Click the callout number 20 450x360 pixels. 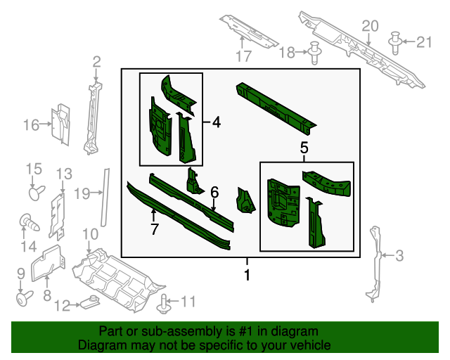(x=370, y=27)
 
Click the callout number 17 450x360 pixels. (x=243, y=57)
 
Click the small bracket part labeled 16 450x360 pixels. (x=60, y=124)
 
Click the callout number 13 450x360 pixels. (x=64, y=174)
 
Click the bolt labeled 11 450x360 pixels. (x=165, y=304)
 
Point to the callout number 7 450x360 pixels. (x=154, y=229)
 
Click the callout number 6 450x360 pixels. (x=214, y=191)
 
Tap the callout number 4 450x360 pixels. (x=216, y=122)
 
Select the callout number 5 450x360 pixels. (x=304, y=148)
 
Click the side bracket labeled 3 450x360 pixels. (x=376, y=264)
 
